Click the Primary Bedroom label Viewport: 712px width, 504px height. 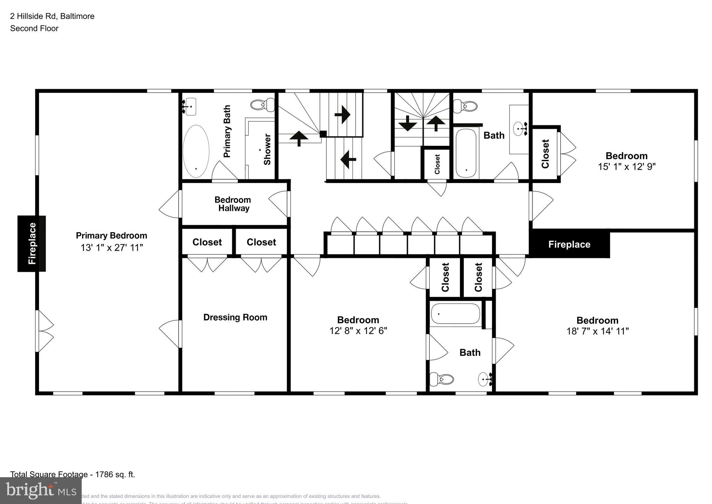(111, 236)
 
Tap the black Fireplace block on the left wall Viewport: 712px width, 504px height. (32, 243)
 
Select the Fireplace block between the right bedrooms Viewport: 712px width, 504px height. (569, 244)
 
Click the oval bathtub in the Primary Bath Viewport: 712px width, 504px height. (196, 151)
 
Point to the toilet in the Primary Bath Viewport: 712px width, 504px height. (262, 104)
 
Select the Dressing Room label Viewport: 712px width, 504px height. (235, 317)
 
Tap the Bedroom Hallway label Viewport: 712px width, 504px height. (233, 204)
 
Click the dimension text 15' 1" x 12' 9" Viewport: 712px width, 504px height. (626, 167)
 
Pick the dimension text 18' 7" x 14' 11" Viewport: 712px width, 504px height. (597, 331)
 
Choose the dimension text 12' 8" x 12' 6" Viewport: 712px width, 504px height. (358, 331)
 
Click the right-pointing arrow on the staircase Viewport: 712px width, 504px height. (342, 115)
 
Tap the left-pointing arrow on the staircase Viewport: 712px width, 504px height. (348, 159)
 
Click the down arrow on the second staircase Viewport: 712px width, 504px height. (407, 123)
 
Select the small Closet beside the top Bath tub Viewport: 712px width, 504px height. (437, 164)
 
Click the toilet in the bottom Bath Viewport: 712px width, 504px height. (442, 379)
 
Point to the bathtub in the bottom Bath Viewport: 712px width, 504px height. (455, 314)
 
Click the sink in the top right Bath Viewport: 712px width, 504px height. (520, 128)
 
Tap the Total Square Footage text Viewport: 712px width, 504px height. (72, 474)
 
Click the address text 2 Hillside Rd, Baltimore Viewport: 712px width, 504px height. (52, 16)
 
